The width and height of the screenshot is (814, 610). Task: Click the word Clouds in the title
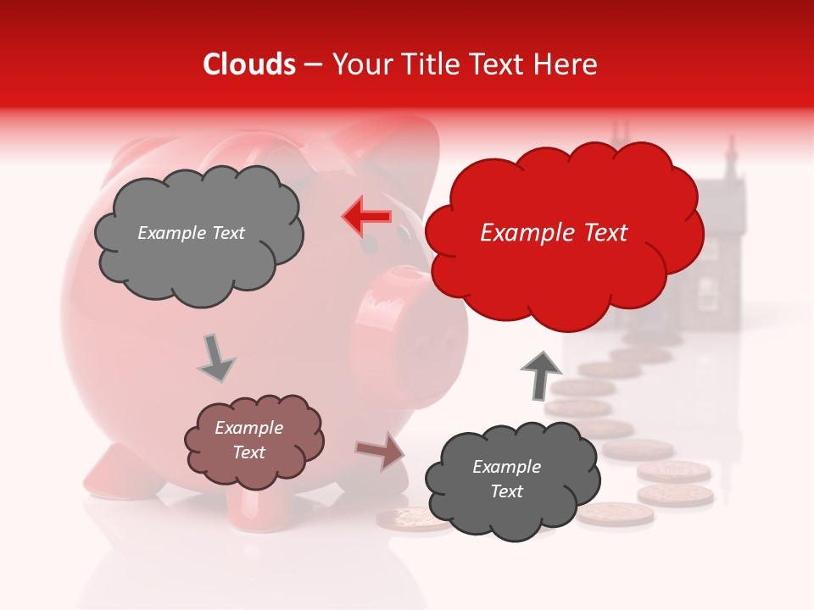(x=248, y=64)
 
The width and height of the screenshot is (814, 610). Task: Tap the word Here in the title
(x=566, y=64)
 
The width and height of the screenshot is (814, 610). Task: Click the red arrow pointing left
(x=367, y=217)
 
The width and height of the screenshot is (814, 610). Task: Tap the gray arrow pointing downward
(x=215, y=358)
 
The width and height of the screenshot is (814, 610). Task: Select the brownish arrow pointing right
(x=381, y=451)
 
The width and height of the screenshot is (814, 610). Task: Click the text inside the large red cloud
(x=554, y=233)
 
